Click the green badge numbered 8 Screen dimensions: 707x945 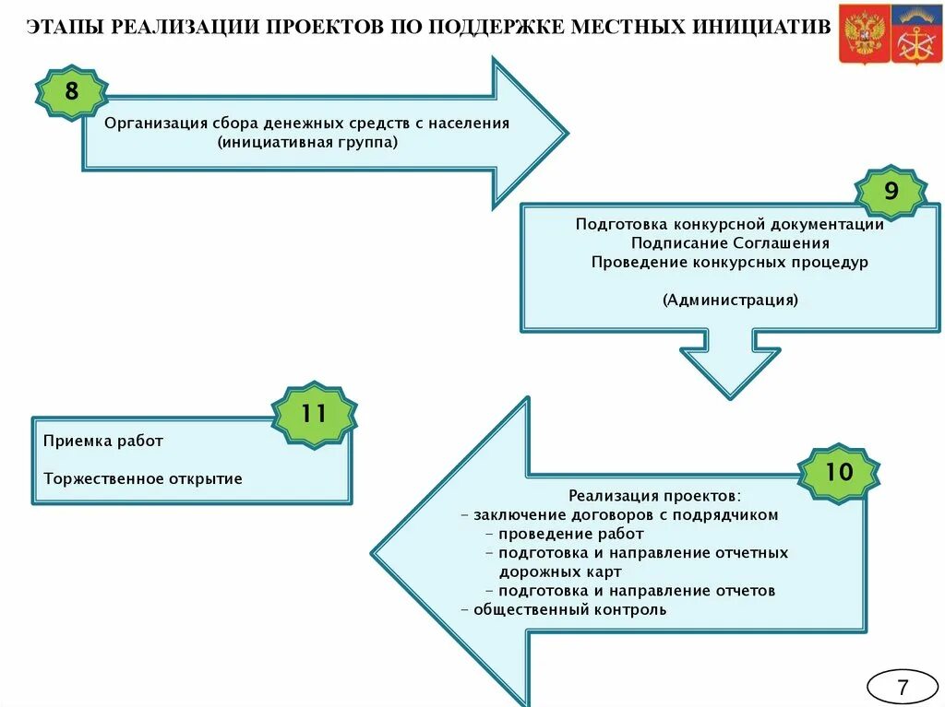coord(71,92)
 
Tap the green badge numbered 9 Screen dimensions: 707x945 coord(890,192)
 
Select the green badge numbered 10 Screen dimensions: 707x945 coord(838,472)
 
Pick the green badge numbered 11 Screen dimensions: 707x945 coord(314,414)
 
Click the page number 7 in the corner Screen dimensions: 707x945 coord(902,688)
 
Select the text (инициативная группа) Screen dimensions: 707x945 coord(308,143)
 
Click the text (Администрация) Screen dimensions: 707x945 coord(730,300)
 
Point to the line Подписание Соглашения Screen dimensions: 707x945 coord(730,243)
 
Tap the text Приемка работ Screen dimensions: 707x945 coord(102,441)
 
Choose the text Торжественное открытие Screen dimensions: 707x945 coord(142,478)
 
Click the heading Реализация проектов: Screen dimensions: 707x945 coord(654,496)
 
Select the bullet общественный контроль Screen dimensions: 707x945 coord(569,609)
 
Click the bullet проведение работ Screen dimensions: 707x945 coord(570,534)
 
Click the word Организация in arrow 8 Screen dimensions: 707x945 coord(155,123)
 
